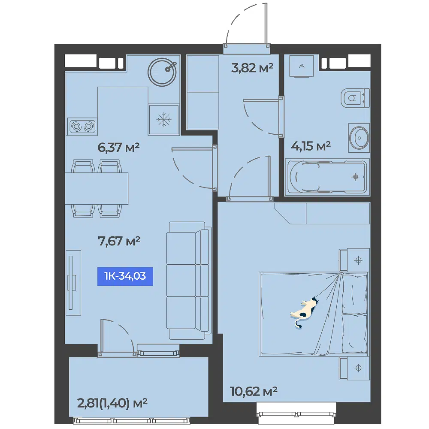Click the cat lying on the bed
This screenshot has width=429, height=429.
tap(304, 312)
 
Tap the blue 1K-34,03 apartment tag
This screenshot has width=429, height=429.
tap(125, 276)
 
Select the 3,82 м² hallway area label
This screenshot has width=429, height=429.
tap(252, 68)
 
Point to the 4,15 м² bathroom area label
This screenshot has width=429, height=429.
tap(311, 146)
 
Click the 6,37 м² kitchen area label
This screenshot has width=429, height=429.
tap(118, 148)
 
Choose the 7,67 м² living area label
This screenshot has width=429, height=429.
tap(119, 241)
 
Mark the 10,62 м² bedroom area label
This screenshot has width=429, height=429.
tap(254, 391)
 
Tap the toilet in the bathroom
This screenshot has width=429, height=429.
tap(355, 98)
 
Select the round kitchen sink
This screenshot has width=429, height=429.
tap(162, 72)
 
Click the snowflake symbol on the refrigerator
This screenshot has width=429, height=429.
tap(163, 120)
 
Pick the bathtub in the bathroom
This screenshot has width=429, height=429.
tap(327, 177)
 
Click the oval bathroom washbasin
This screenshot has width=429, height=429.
tap(359, 138)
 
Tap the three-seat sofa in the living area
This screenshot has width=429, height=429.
tap(189, 281)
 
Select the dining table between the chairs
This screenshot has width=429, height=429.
tap(97, 188)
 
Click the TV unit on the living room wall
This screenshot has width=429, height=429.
tap(73, 283)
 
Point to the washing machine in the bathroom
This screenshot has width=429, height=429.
tap(302, 66)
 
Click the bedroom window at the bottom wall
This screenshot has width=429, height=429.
tap(296, 414)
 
